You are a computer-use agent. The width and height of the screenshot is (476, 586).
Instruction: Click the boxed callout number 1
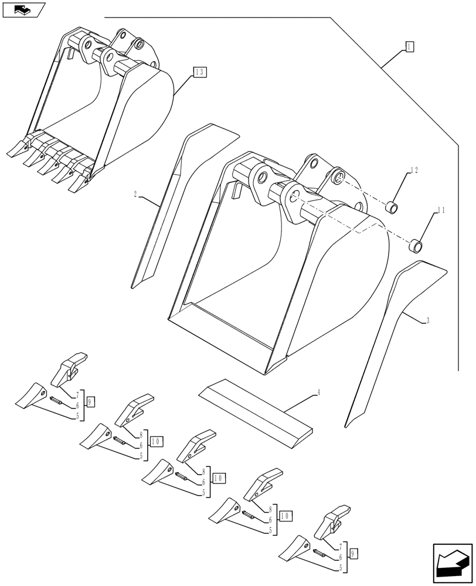pyautogui.click(x=409, y=47)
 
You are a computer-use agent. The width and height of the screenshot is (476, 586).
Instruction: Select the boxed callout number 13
pyautogui.click(x=199, y=72)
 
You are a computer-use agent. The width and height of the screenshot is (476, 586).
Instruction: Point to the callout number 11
pyautogui.click(x=441, y=209)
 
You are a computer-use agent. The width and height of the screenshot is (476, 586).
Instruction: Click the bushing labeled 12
pyautogui.click(x=391, y=207)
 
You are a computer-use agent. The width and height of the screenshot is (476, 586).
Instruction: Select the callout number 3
pyautogui.click(x=428, y=320)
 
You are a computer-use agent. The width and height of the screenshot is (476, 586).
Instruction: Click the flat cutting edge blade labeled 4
pyautogui.click(x=256, y=412)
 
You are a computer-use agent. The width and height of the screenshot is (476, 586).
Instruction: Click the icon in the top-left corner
pyautogui.click(x=23, y=9)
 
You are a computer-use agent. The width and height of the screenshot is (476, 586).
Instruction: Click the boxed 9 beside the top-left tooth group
pyautogui.click(x=90, y=402)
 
